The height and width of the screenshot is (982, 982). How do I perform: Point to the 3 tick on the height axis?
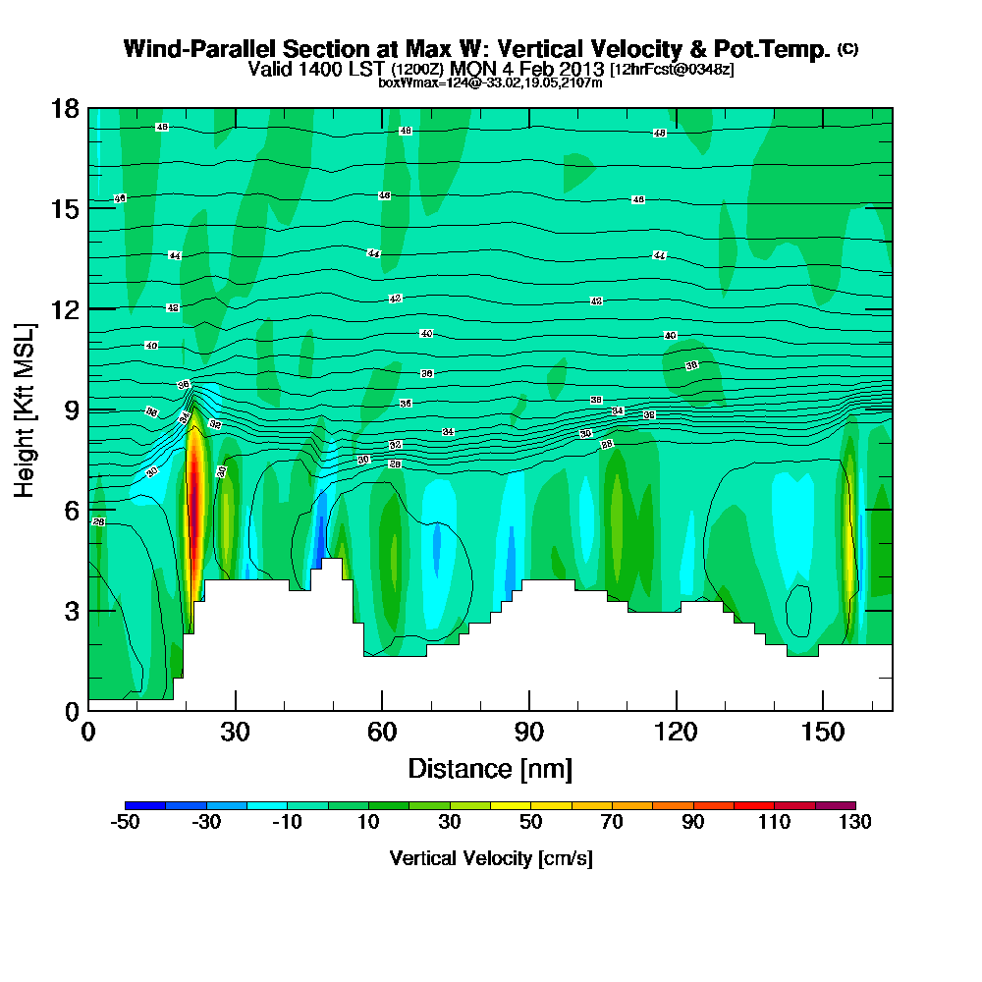coord(88,610)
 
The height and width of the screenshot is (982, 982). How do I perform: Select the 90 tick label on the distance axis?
coord(529,733)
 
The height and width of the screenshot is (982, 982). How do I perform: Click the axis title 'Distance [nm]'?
coord(490,768)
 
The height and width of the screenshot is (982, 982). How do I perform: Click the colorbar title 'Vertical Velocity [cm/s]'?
coord(490,858)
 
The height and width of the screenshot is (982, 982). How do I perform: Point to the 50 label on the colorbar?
coord(530,822)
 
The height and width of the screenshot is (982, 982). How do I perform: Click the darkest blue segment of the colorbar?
coord(145,805)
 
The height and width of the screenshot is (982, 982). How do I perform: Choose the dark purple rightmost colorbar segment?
coord(836,805)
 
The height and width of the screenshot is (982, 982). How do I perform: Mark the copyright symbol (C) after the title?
coord(847,49)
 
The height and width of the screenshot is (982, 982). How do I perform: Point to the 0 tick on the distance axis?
coord(88,710)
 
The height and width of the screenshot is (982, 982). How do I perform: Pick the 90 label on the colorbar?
coord(693,822)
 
